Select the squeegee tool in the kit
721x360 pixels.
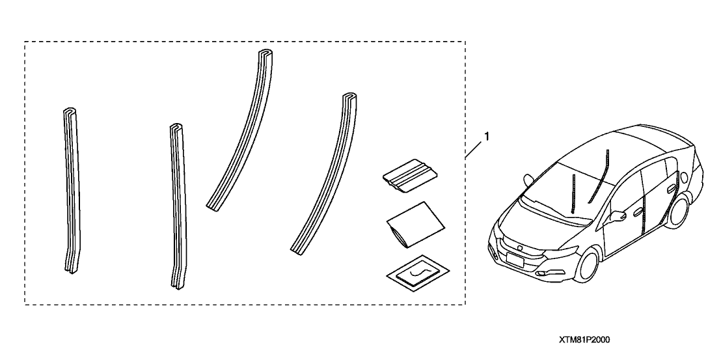[x=411, y=176]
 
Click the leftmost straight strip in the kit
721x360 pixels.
[x=72, y=189]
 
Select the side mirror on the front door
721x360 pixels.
[x=619, y=215]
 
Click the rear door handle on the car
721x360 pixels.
[x=671, y=188]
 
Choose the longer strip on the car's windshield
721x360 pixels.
[x=600, y=176]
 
